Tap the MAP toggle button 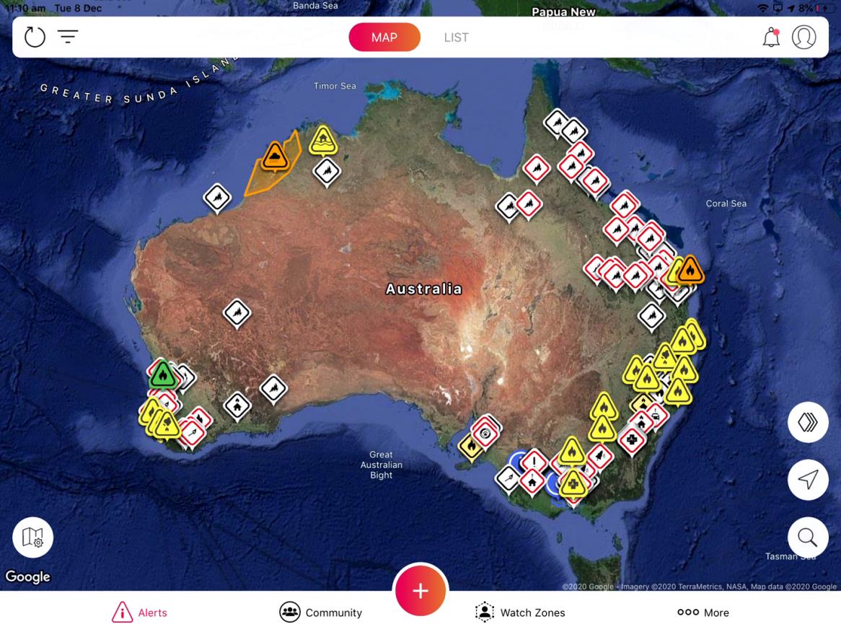384,38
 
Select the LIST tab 456,38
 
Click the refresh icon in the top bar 35,37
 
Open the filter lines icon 68,37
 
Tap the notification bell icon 771,38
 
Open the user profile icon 803,38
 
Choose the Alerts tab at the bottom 139,613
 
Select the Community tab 320,613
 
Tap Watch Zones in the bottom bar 520,613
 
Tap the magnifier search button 807,537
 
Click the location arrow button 808,480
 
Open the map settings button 32,537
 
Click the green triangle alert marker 163,376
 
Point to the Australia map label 423,289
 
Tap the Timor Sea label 335,86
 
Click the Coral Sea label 726,203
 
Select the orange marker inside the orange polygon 275,156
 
